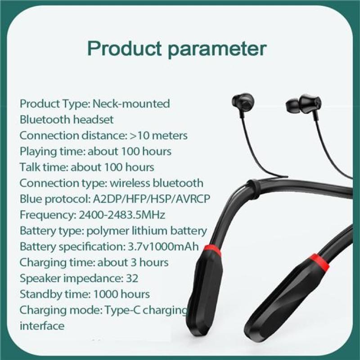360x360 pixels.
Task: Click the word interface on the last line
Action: (x=42, y=326)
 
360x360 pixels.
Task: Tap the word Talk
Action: (x=30, y=167)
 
